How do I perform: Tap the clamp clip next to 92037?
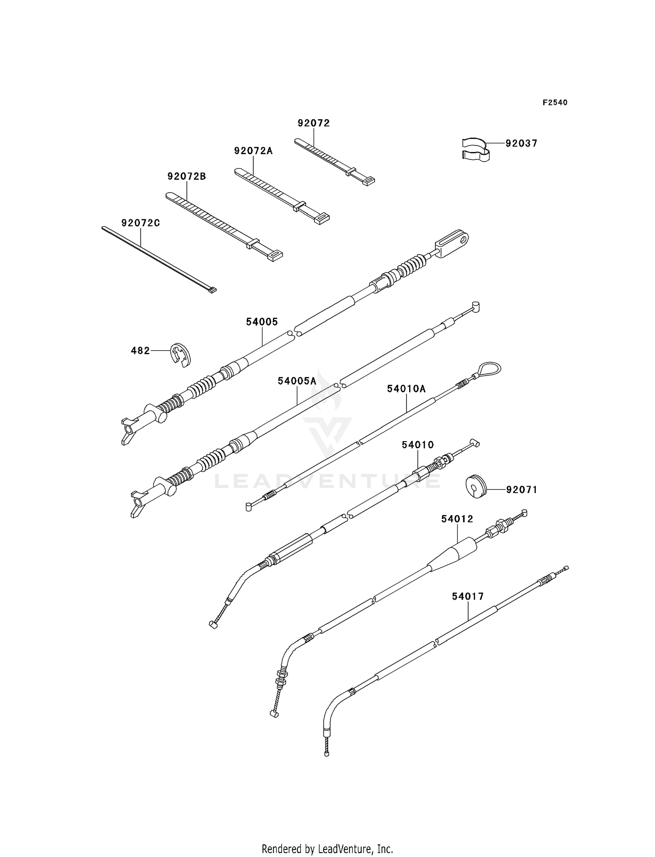(476, 149)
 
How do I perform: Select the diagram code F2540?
(555, 103)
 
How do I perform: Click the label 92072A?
(253, 151)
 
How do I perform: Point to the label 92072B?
(186, 176)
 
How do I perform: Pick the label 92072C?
(141, 223)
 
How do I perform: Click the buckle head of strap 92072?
(368, 180)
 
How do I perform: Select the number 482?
(140, 350)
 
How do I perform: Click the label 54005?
(262, 322)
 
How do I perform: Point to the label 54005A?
(297, 381)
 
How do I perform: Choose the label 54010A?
(406, 389)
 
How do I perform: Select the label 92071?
(521, 490)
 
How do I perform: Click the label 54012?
(457, 519)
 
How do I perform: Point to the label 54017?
(468, 597)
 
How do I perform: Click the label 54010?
(417, 445)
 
